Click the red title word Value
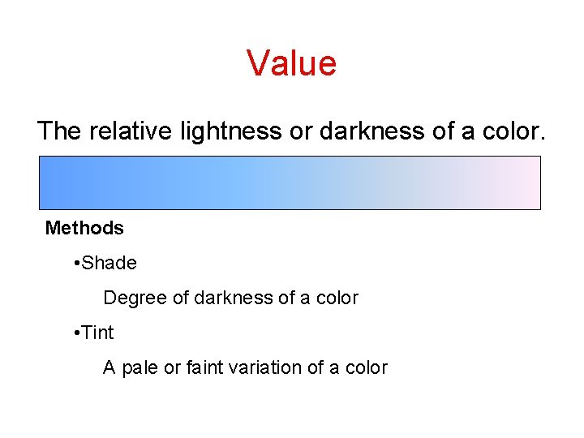pyautogui.click(x=291, y=62)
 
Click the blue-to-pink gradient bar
pyautogui.click(x=290, y=182)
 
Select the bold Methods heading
pyautogui.click(x=84, y=229)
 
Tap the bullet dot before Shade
pyautogui.click(x=75, y=264)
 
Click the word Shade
pyautogui.click(x=109, y=264)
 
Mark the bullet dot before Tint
pyautogui.click(x=75, y=333)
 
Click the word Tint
pyautogui.click(x=98, y=333)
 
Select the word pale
pyautogui.click(x=138, y=368)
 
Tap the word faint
pyautogui.click(x=208, y=368)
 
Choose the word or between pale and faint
pyautogui.click(x=172, y=368)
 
